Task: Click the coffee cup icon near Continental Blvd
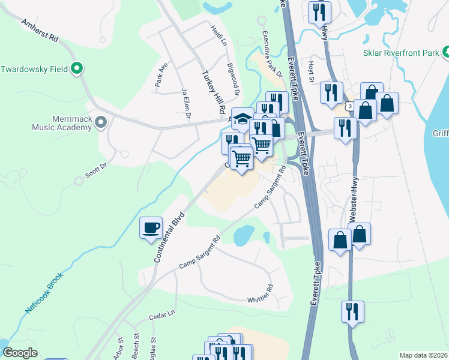click(x=151, y=228)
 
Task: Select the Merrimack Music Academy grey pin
click(x=101, y=123)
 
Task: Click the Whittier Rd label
click(x=260, y=294)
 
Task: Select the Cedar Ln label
click(x=162, y=314)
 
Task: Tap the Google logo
click(x=20, y=353)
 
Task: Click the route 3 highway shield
click(x=349, y=106)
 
